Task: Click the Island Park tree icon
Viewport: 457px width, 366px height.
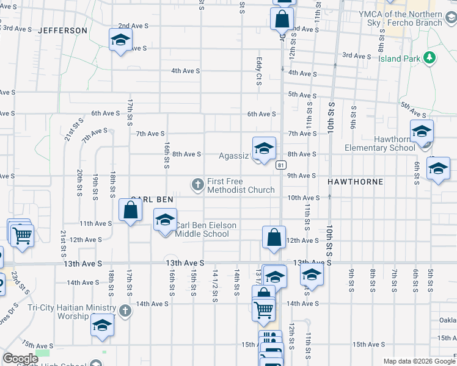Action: (x=430, y=59)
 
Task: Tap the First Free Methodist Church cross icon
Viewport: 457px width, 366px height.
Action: (x=197, y=184)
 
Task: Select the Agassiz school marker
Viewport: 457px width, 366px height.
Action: (x=264, y=149)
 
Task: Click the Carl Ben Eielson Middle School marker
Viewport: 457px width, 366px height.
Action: (x=164, y=221)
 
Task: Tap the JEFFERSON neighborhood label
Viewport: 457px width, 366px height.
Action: (x=62, y=30)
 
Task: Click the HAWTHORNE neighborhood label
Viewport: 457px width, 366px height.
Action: (x=355, y=182)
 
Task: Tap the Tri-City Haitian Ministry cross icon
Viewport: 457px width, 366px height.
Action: (x=125, y=311)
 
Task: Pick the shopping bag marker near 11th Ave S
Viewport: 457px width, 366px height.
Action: (x=131, y=211)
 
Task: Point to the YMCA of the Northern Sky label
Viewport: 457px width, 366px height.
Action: (x=400, y=18)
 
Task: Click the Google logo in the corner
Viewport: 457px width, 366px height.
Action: (x=20, y=359)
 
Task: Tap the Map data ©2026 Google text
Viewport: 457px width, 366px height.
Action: (x=419, y=361)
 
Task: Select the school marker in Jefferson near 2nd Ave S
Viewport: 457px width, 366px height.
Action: (x=120, y=41)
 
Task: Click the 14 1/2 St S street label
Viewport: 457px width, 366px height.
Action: (x=215, y=284)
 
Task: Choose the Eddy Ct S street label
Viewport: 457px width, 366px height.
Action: (x=259, y=71)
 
